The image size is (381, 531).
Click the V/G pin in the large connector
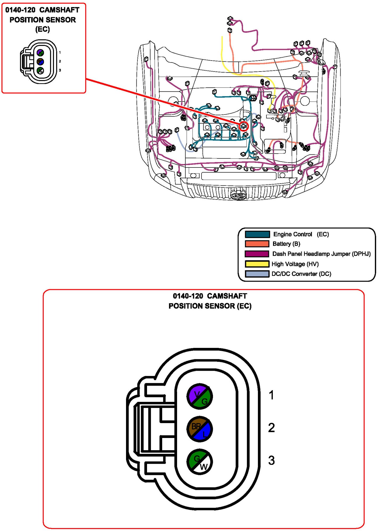[x=199, y=396]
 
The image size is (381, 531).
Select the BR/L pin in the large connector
[x=199, y=429]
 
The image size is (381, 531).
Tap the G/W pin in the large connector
[x=199, y=462]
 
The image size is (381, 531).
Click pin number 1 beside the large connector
[x=271, y=395]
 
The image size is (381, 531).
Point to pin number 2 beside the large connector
[x=271, y=428]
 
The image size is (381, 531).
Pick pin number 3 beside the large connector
[x=271, y=461]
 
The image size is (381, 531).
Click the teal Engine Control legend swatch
[x=257, y=234]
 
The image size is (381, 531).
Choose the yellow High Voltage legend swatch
[x=257, y=264]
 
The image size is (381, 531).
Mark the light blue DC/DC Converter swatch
[x=257, y=274]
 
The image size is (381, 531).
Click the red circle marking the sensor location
[x=244, y=126]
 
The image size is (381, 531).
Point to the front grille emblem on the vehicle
[x=238, y=196]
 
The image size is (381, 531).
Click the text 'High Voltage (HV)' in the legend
[x=295, y=264]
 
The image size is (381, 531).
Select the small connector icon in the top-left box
[x=39, y=62]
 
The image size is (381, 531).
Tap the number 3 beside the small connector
[x=60, y=70]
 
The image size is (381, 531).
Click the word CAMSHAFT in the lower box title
[x=227, y=296]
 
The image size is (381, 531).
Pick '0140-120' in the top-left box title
[x=20, y=10]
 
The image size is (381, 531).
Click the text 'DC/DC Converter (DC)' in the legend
[x=301, y=274]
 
